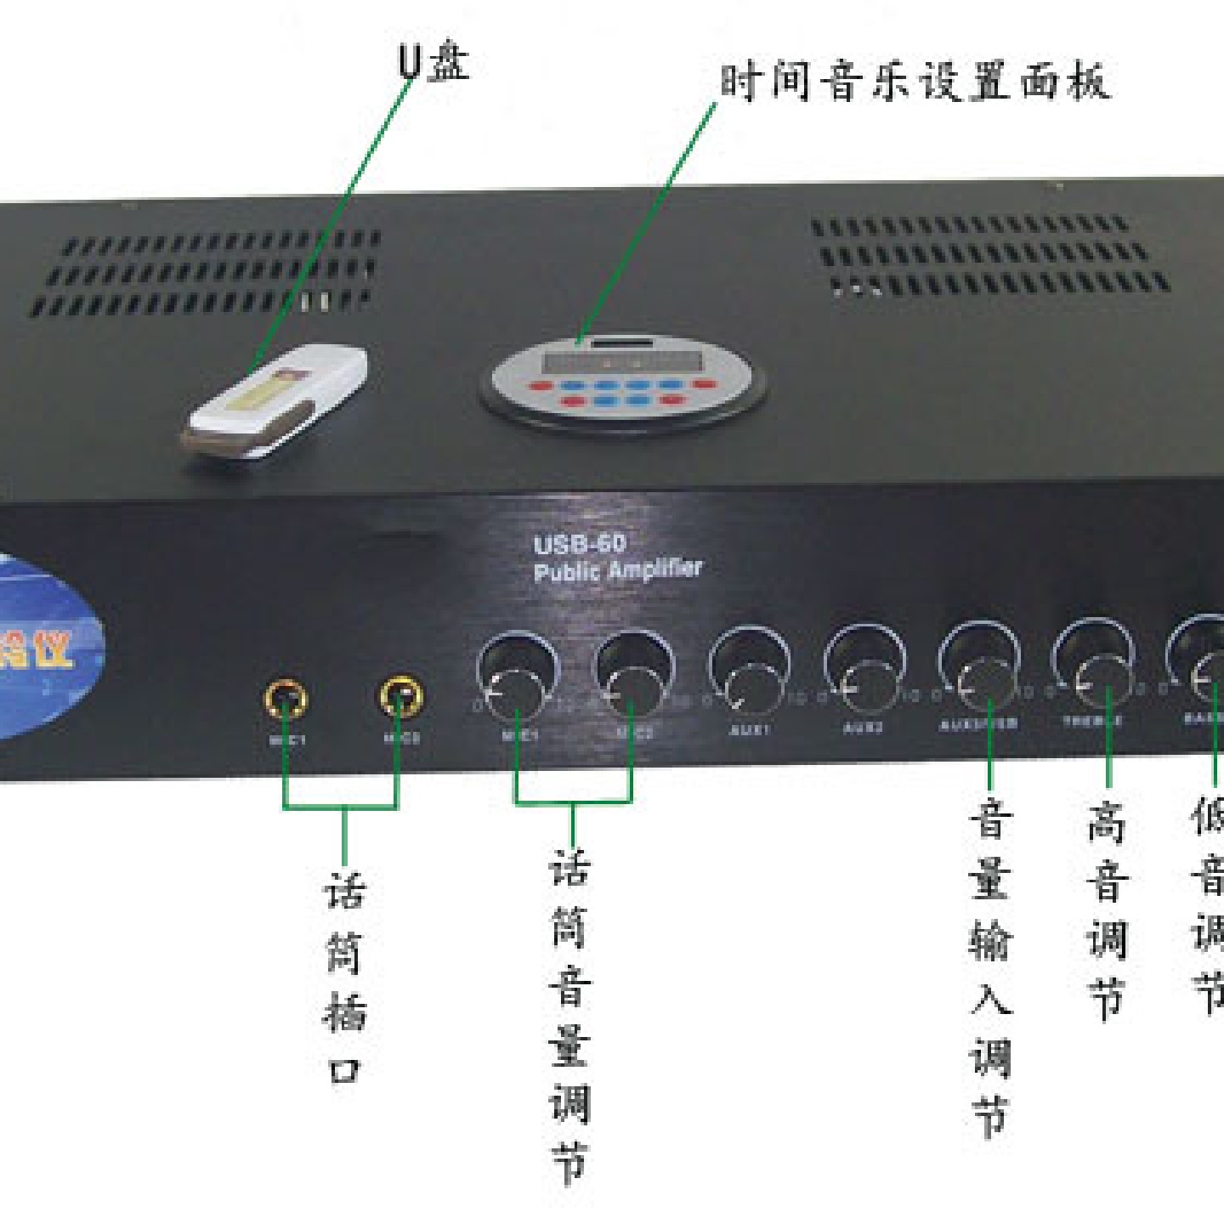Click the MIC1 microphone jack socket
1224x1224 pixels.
click(x=286, y=699)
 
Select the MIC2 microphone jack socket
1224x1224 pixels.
click(x=400, y=696)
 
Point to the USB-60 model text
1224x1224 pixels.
click(x=580, y=544)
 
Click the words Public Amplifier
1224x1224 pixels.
click(x=618, y=569)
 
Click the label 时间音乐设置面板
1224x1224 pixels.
click(x=915, y=82)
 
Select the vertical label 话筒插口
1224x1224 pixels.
click(x=345, y=977)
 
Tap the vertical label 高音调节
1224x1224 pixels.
click(x=1107, y=909)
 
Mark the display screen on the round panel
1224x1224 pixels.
click(x=622, y=360)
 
